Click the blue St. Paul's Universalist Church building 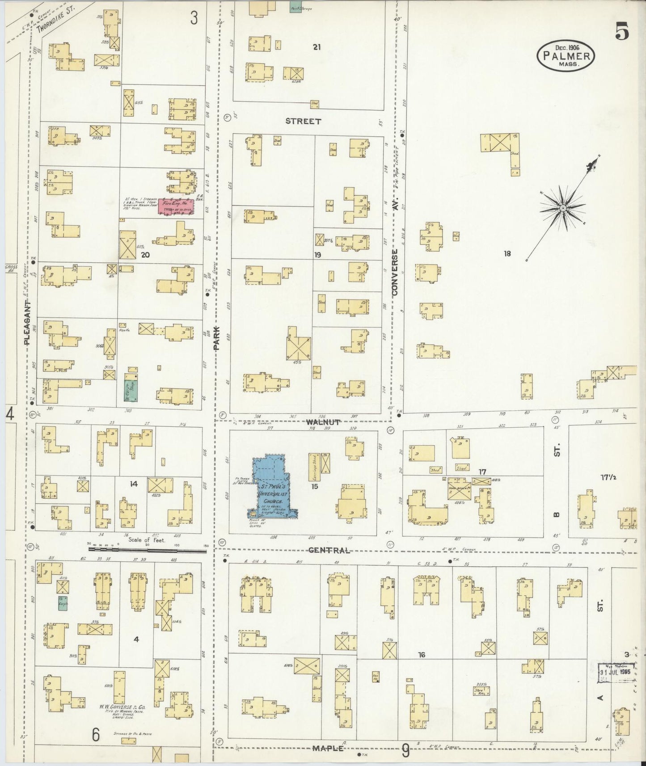click(270, 487)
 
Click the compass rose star click(563, 208)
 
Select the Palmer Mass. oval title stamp click(566, 55)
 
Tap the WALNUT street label click(324, 422)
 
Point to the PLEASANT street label click(27, 322)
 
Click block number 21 click(317, 47)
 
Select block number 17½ click(608, 477)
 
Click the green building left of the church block click(131, 390)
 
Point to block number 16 click(421, 655)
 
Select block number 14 click(134, 484)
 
